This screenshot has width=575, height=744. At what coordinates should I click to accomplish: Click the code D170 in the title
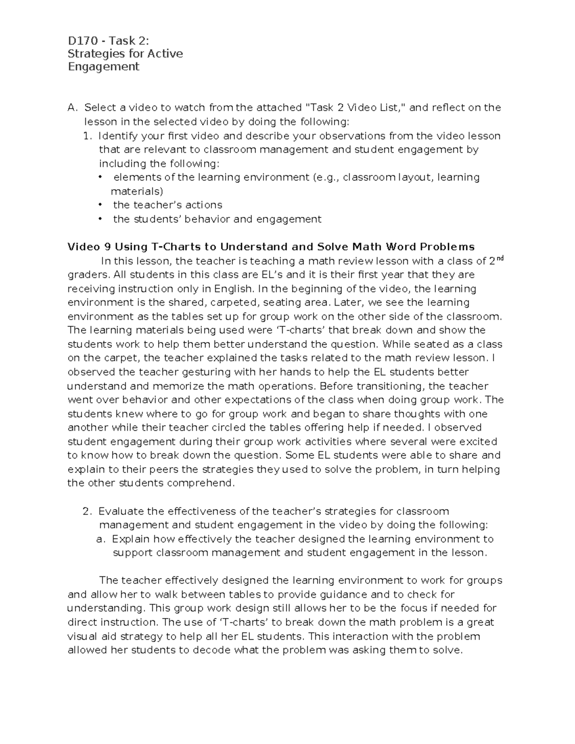[x=82, y=40]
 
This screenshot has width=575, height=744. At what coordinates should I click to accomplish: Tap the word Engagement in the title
[x=103, y=67]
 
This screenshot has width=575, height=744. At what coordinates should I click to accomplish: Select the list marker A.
[x=72, y=107]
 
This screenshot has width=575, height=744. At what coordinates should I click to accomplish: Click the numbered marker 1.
[x=87, y=136]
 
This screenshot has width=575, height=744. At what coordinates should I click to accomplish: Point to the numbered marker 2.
[x=87, y=511]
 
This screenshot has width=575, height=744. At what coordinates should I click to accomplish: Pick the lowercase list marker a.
[x=100, y=539]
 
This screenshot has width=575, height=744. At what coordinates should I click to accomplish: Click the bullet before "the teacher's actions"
[x=100, y=205]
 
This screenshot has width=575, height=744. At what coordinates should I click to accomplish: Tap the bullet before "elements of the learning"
[x=100, y=177]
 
